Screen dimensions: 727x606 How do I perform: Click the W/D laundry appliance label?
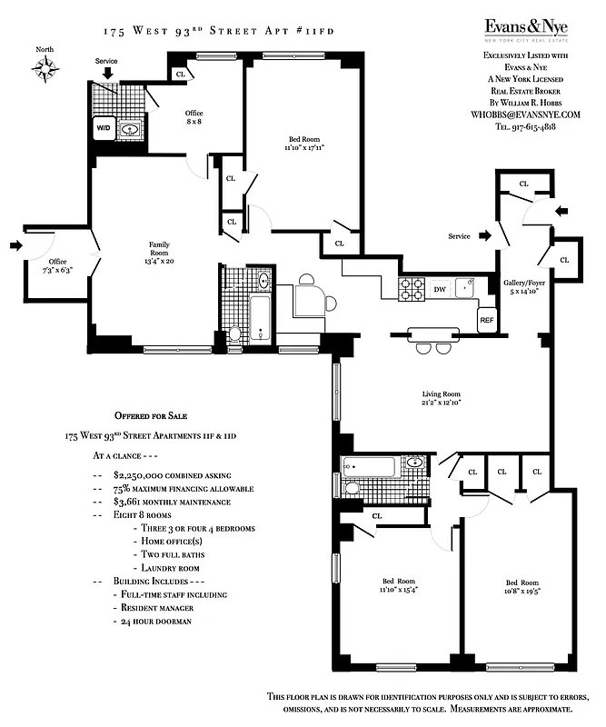103,130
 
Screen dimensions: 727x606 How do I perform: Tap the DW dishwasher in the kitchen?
439,289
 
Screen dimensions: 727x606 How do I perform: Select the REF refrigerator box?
487,320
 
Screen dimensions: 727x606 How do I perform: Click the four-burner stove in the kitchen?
412,288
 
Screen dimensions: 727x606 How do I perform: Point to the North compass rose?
44,66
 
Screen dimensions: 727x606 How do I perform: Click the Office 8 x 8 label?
193,117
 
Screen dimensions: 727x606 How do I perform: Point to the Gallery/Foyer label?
522,287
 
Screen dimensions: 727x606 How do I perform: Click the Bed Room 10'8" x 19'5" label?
522,587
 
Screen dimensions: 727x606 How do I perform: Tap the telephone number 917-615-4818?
540,127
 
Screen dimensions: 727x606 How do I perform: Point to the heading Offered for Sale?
151,414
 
